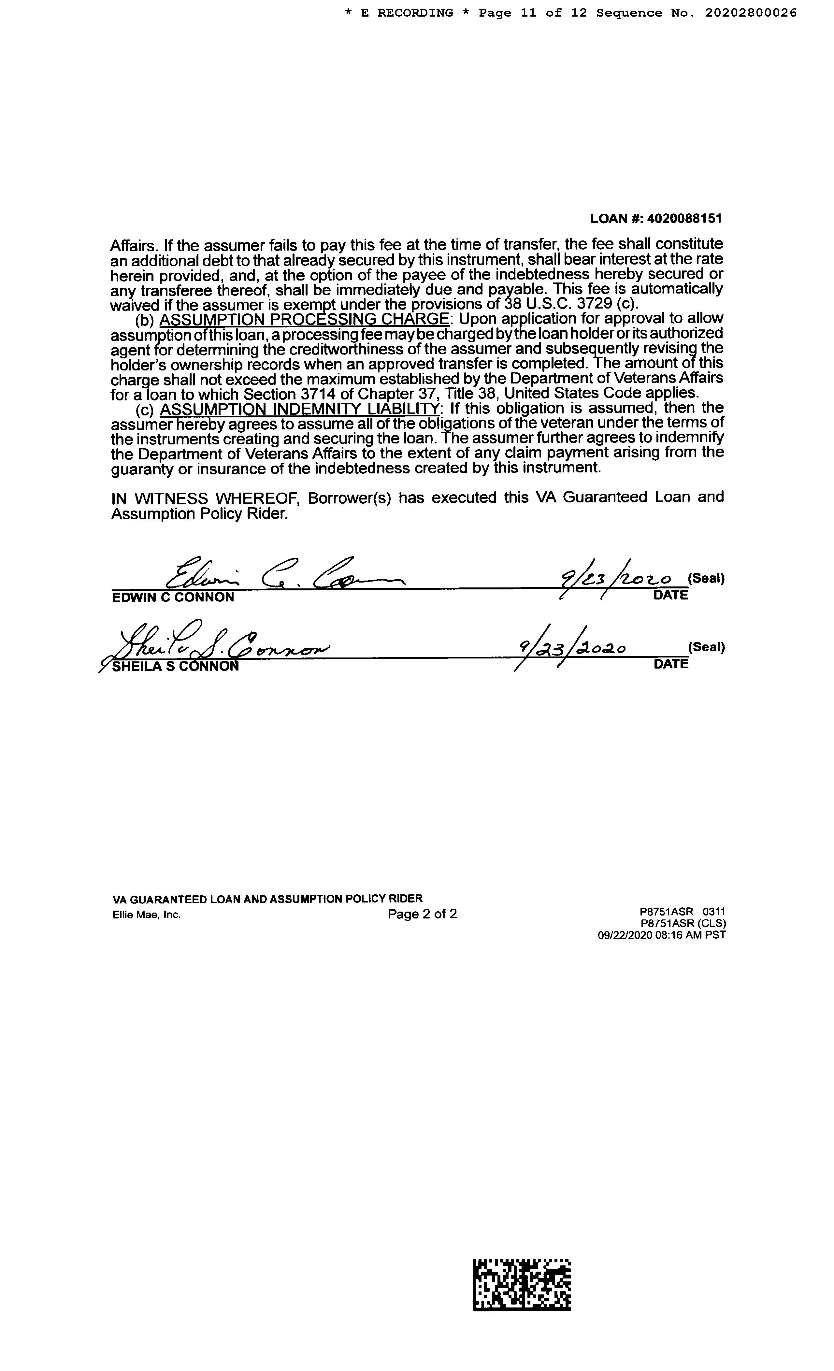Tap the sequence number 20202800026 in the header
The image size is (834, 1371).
coord(751,13)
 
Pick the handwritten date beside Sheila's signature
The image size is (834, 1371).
coord(572,648)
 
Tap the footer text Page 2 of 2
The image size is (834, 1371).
coord(422,914)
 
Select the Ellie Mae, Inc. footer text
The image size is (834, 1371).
coord(146,915)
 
